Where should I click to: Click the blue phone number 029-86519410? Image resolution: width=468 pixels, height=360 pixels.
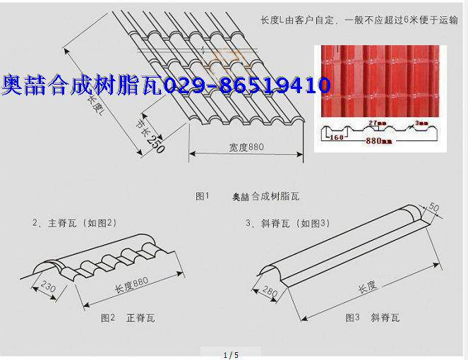click(246, 86)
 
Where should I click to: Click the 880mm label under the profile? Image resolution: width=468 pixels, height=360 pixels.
click(378, 141)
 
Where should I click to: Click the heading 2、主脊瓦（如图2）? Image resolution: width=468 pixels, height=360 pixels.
click(74, 223)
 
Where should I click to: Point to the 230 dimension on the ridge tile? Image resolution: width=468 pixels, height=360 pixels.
click(48, 287)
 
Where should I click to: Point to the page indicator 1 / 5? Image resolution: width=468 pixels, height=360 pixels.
click(232, 354)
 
